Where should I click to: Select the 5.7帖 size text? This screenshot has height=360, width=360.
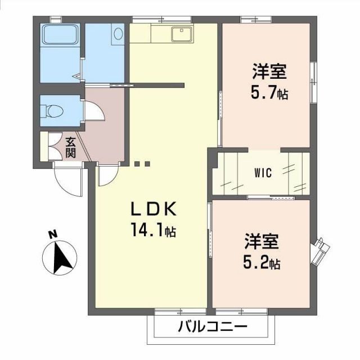[269, 93]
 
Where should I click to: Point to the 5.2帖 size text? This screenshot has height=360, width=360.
[262, 262]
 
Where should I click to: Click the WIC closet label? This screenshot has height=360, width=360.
[263, 173]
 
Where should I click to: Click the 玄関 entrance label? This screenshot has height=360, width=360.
[70, 147]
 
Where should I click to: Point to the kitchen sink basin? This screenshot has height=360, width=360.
[181, 34]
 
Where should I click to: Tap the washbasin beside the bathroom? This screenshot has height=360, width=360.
[118, 34]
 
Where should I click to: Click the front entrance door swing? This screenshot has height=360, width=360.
[67, 180]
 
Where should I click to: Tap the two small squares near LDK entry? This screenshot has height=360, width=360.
[142, 164]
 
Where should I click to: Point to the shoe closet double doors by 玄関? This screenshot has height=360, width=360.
[55, 147]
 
